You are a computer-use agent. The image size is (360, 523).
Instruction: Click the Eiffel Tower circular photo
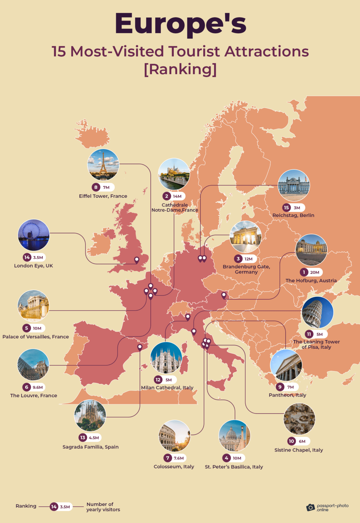coord(103,165)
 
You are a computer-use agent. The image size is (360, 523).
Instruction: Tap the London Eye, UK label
coord(33,266)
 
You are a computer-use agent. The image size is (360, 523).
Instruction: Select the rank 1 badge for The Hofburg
coord(304,272)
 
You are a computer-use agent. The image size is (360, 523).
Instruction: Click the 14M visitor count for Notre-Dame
coord(177,196)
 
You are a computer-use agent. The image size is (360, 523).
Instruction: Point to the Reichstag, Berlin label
coord(293,215)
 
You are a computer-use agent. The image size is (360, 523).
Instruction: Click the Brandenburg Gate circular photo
coord(246,237)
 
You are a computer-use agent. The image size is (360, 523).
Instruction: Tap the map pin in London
coord(137,260)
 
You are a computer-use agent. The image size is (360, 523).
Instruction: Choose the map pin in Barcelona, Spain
coord(140,347)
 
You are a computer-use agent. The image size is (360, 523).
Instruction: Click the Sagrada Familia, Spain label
coord(91,447)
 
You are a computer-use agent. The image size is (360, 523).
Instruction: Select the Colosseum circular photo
coord(174,436)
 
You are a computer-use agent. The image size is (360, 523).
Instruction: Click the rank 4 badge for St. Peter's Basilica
coord(226,458)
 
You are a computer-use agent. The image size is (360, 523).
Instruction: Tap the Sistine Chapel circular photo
coord(299,419)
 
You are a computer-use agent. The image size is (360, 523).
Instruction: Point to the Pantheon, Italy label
coord(287,395)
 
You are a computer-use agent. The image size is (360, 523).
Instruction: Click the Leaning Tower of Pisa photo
coord(317,312)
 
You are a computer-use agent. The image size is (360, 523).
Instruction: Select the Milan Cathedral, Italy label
coord(167,387)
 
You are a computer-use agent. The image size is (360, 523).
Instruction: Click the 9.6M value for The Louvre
coord(38,387)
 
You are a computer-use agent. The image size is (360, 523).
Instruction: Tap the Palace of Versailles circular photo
coord(33,306)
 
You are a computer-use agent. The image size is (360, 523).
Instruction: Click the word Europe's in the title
coord(180,24)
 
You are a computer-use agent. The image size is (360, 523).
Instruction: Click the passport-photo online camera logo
coord(310,507)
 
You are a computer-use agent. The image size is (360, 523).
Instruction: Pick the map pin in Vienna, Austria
coord(224,295)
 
